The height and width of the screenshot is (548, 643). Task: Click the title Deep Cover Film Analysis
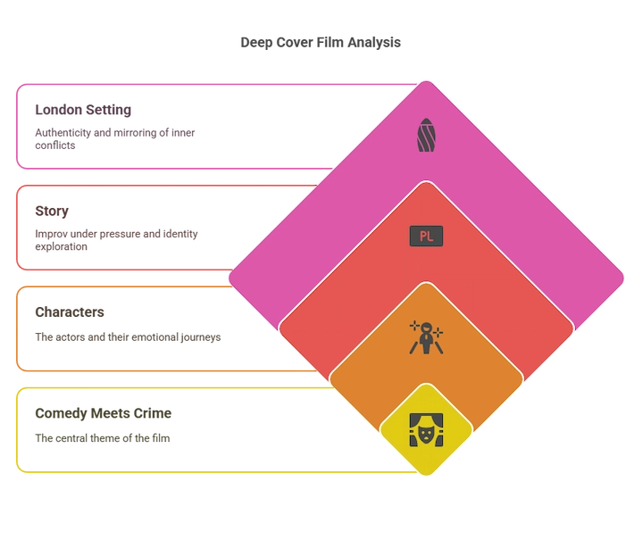[321, 43]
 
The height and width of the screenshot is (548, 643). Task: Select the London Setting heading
[83, 110]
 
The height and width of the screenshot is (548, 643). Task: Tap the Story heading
[52, 212]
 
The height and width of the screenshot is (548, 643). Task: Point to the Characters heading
[70, 311]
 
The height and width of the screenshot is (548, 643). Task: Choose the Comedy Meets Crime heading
[104, 413]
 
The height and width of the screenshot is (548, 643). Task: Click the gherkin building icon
[426, 135]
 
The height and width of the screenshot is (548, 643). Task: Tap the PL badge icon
[426, 237]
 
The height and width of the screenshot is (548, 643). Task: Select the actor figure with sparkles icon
[426, 337]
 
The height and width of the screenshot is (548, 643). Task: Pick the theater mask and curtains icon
[426, 430]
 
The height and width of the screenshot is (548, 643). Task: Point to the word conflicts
[55, 145]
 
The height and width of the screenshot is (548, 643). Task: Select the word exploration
[61, 246]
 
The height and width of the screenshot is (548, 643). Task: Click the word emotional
[154, 336]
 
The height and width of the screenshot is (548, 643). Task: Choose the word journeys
[201, 337]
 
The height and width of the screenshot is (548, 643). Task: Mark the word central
[71, 438]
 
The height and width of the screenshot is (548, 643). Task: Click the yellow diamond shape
[426, 430]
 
